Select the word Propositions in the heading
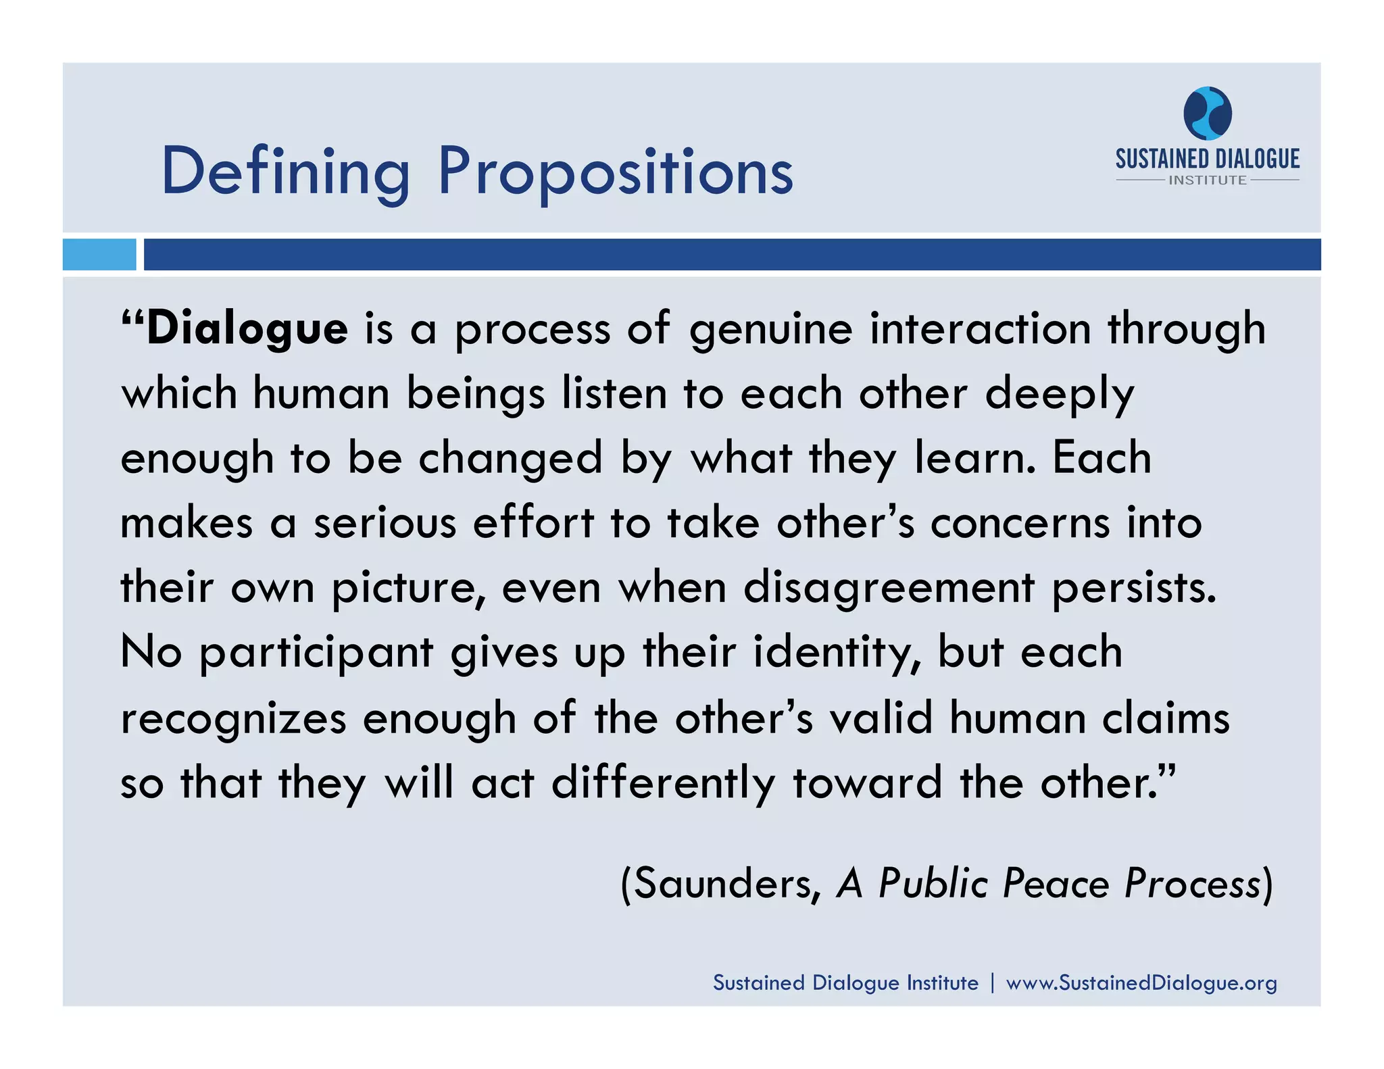[616, 172]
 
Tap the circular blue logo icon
[1207, 113]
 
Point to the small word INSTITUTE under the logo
[1208, 180]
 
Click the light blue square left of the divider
[99, 255]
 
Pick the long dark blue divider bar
[732, 255]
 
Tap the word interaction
[980, 329]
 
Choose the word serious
[385, 524]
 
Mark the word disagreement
[889, 589]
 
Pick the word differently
[663, 783]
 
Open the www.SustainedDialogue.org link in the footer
[1141, 983]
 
